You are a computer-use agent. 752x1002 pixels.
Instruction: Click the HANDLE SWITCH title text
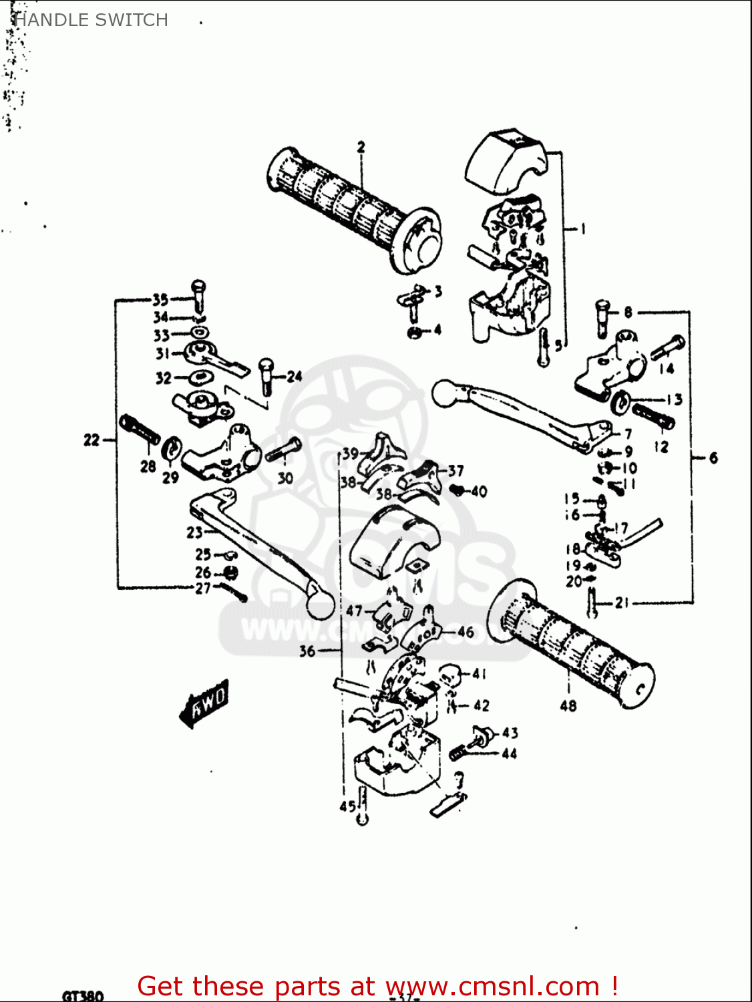point(91,20)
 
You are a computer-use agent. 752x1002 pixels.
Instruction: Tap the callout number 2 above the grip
point(361,147)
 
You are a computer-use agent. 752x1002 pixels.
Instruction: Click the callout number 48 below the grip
point(568,705)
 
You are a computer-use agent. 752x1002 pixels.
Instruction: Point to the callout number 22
point(91,440)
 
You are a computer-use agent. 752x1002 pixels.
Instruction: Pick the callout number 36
point(307,650)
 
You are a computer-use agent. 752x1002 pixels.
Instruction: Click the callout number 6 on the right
point(713,458)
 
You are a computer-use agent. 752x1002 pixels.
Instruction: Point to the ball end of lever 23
point(320,605)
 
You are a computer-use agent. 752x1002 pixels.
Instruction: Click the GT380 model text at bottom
point(83,995)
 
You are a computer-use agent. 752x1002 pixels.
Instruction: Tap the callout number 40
point(479,492)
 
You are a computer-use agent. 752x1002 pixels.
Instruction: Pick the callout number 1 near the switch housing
point(582,229)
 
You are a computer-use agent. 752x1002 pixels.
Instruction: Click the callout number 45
point(347,806)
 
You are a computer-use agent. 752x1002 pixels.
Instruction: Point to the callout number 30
point(285,478)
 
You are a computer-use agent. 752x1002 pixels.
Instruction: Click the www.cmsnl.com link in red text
point(492,987)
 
